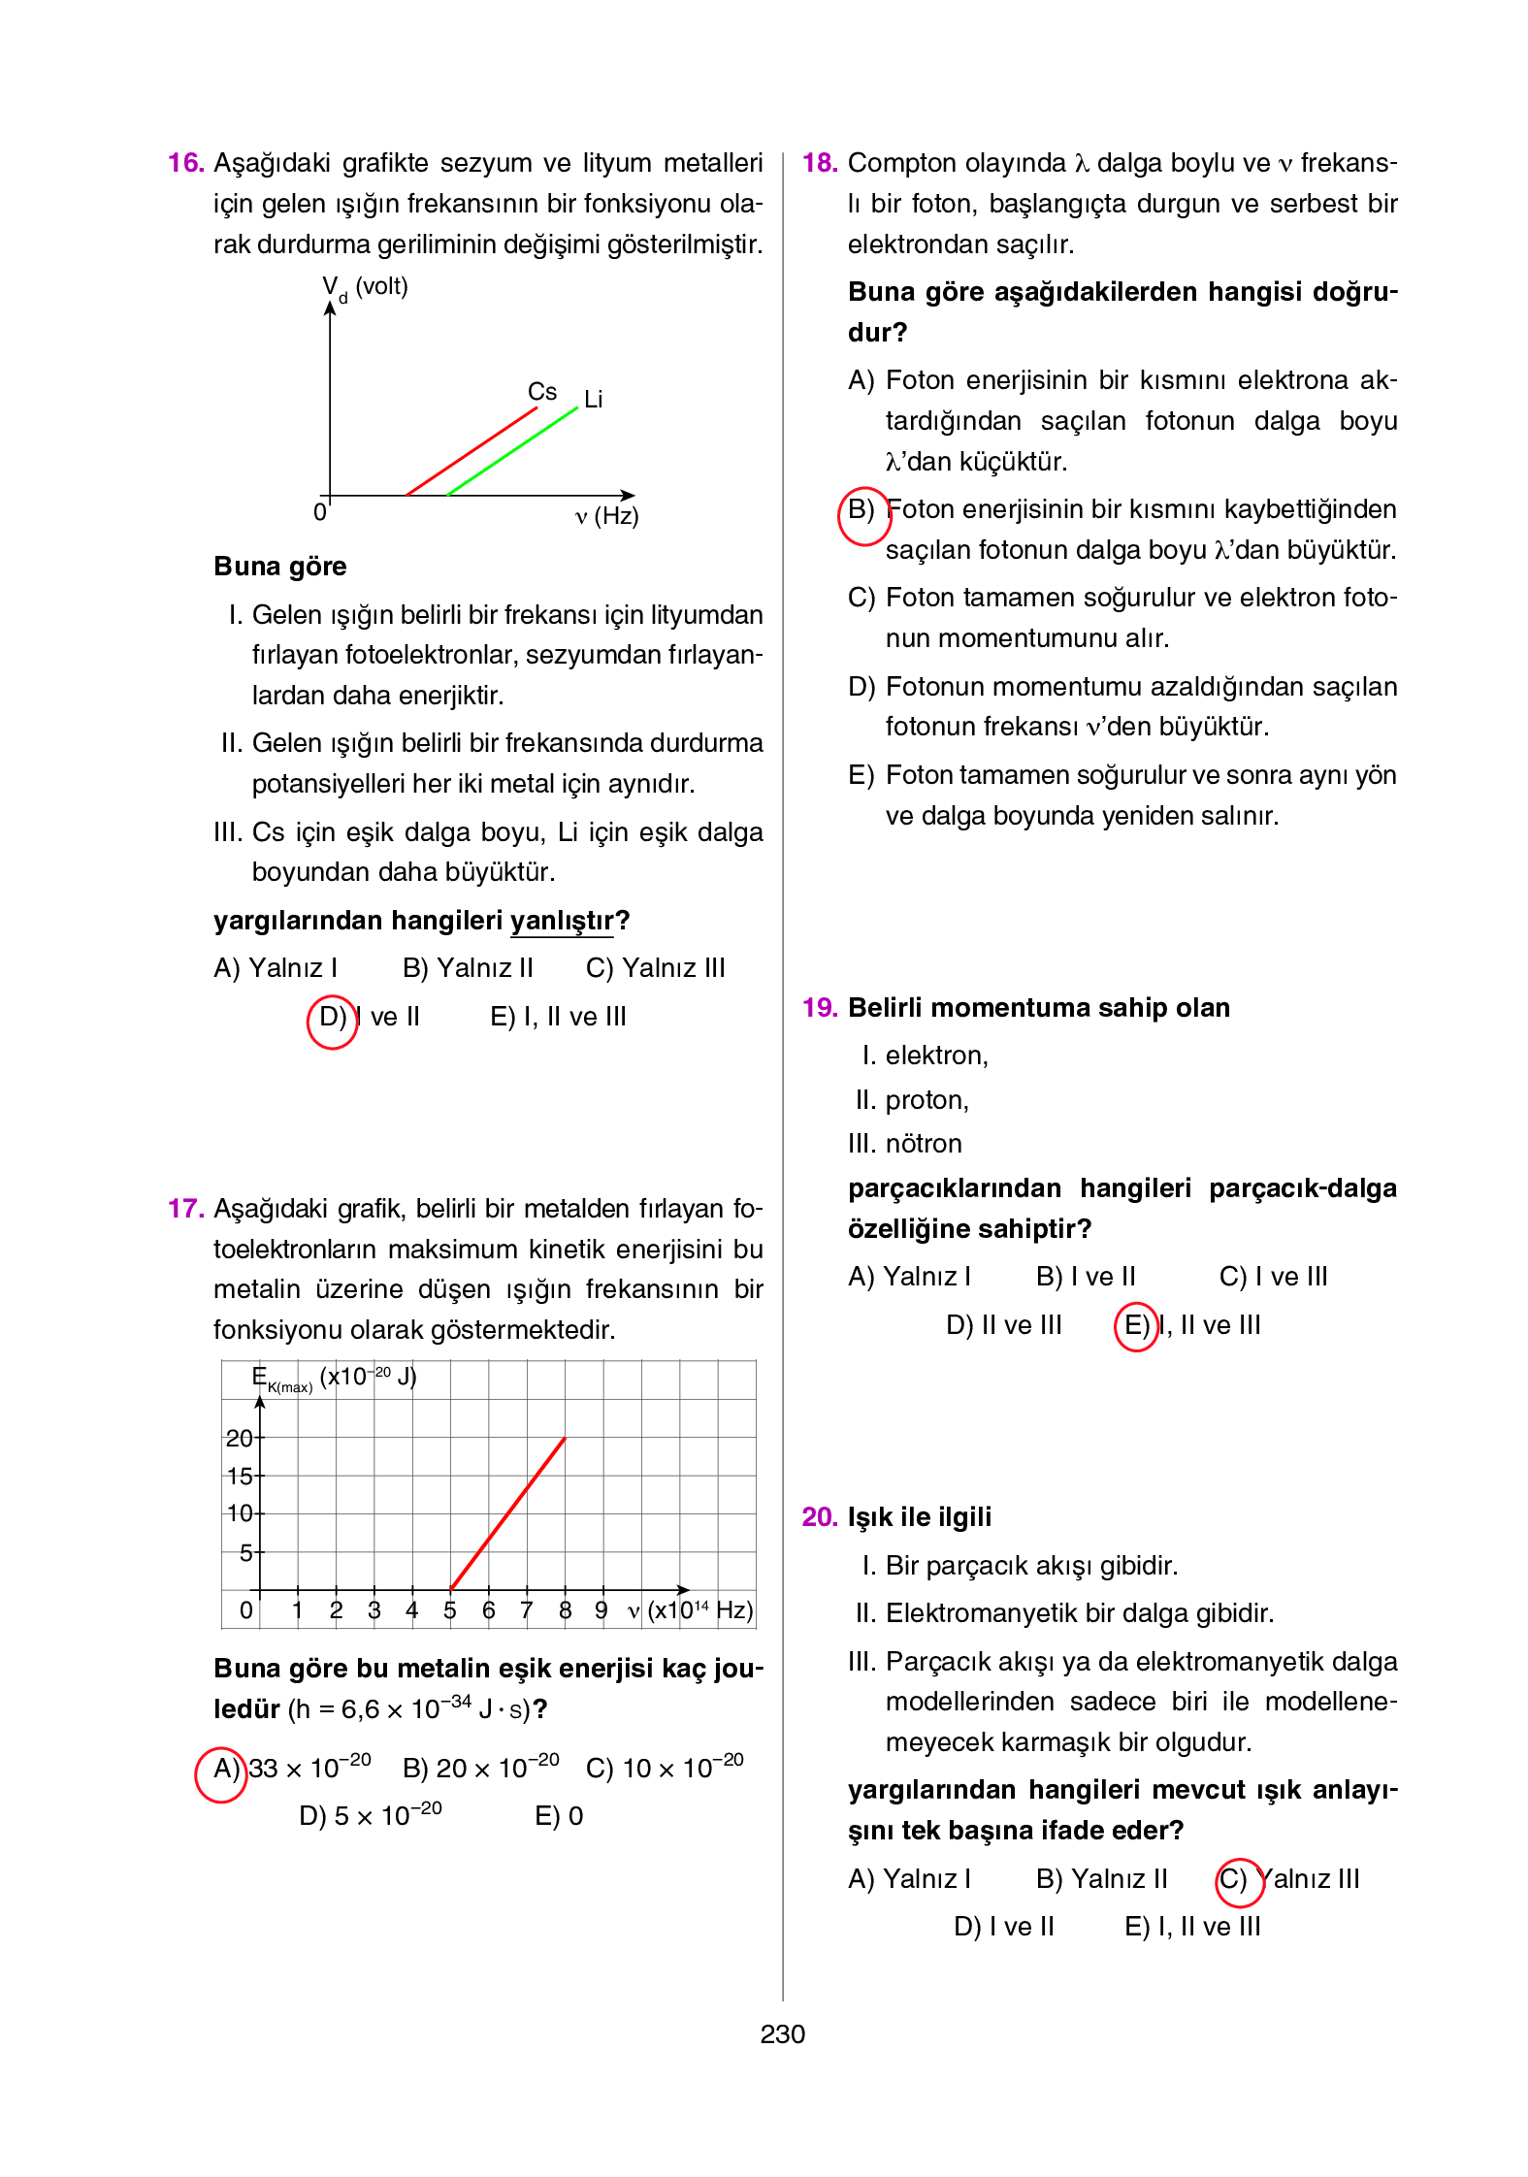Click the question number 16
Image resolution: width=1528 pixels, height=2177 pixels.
pyautogui.click(x=184, y=162)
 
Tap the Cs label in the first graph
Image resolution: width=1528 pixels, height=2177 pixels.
pyautogui.click(x=541, y=391)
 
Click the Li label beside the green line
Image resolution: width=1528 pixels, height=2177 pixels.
pyautogui.click(x=593, y=399)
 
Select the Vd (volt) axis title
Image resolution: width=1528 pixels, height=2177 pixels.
pyautogui.click(x=365, y=287)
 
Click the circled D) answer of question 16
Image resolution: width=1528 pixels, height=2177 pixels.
pyautogui.click(x=332, y=1017)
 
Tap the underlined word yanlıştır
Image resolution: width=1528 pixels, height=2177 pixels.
pyautogui.click(x=562, y=920)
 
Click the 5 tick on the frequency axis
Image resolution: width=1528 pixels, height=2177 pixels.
pyautogui.click(x=449, y=1610)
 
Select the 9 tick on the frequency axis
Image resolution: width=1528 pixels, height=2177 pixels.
pyautogui.click(x=601, y=1610)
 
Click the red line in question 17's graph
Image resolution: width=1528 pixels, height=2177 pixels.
pyautogui.click(x=508, y=1513)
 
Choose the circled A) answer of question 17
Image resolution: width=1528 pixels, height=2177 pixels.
pyautogui.click(x=223, y=1769)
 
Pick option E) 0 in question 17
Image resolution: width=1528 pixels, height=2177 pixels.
pyautogui.click(x=559, y=1816)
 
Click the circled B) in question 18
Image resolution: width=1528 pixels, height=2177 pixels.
pyautogui.click(x=862, y=510)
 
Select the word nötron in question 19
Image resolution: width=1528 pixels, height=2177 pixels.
pyautogui.click(x=923, y=1144)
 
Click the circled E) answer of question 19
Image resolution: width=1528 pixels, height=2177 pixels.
pyautogui.click(x=1136, y=1325)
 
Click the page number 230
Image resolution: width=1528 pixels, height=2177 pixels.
pyautogui.click(x=782, y=2033)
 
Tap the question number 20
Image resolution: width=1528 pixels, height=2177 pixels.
pyautogui.click(x=819, y=1516)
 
